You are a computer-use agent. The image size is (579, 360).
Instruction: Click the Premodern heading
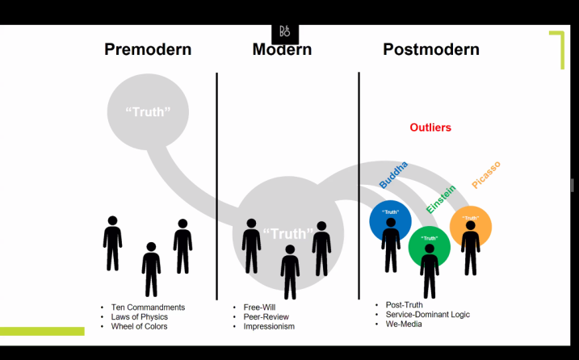click(148, 50)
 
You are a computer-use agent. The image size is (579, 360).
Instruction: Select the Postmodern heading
click(431, 50)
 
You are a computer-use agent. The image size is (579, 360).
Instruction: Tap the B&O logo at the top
click(284, 32)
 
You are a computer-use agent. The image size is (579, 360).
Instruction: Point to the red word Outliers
click(430, 128)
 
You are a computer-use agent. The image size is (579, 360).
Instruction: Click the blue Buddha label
click(393, 175)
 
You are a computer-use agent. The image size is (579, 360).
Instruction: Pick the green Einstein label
click(441, 199)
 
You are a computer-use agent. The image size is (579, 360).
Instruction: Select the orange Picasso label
click(486, 174)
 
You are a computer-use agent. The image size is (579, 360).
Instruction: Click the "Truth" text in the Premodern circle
click(148, 111)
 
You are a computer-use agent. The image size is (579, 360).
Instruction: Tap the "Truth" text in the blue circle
click(390, 212)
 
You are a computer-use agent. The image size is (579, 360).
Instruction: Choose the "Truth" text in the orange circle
click(471, 218)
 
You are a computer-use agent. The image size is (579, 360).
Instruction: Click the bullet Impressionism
click(269, 327)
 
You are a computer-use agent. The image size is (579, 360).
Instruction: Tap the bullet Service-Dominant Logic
click(427, 314)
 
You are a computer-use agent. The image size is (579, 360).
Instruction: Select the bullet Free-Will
click(262, 308)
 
